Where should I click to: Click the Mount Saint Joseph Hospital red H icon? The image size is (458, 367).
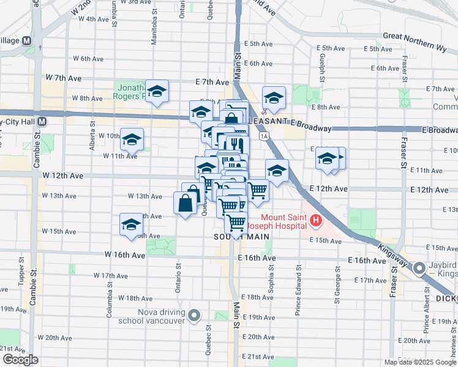pyautogui.click(x=316, y=220)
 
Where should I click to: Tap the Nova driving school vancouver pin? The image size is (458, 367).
pyautogui.click(x=195, y=316)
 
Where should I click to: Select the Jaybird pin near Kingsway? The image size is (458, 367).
pyautogui.click(x=419, y=269)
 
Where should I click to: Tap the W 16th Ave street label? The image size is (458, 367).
pyautogui.click(x=125, y=254)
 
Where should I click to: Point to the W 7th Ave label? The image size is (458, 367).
pyautogui.click(x=63, y=78)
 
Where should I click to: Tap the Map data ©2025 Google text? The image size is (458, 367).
pyautogui.click(x=420, y=362)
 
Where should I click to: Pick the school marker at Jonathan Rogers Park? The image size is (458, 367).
pyautogui.click(x=157, y=92)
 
